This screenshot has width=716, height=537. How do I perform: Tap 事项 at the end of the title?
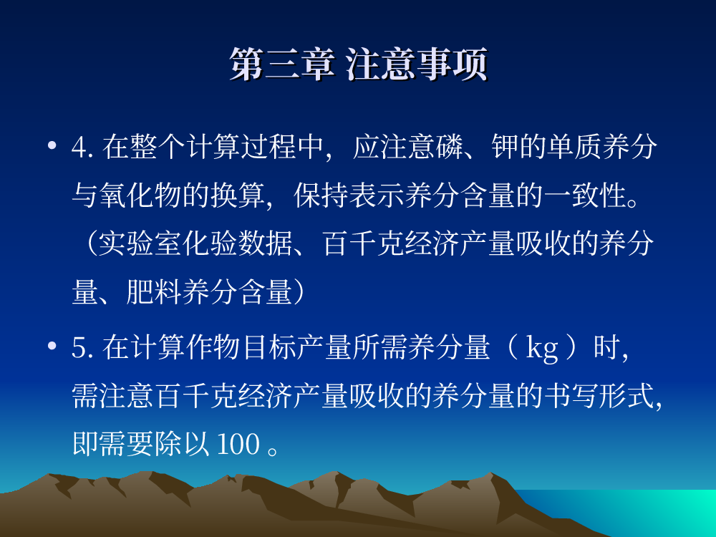point(452,64)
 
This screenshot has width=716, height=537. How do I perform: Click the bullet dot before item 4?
point(52,145)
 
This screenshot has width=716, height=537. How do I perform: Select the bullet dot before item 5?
point(52,346)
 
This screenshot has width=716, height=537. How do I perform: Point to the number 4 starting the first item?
point(79,147)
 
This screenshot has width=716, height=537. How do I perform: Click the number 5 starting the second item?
point(79,347)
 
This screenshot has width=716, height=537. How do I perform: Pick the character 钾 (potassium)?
point(505,147)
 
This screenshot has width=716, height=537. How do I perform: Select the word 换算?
point(238,195)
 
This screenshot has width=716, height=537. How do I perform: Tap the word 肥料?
point(154,292)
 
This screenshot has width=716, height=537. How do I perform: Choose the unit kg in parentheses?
point(542,349)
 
